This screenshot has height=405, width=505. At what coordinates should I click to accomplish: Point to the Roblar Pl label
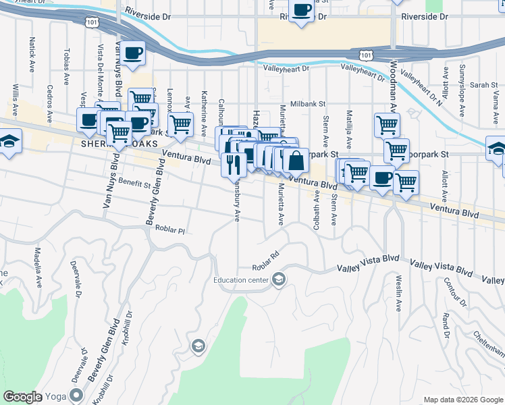pos(169,230)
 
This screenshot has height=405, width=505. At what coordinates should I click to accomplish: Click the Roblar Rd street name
pos(265,260)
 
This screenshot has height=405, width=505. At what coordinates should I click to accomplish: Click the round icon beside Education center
pos(279,280)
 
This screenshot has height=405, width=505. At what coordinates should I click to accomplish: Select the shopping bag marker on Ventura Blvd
pos(296,161)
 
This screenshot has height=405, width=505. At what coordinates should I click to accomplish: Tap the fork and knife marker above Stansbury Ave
pos(234,165)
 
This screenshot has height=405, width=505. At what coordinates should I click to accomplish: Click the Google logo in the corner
pos(23,397)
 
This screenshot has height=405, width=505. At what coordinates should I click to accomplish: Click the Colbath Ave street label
pos(316,213)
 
